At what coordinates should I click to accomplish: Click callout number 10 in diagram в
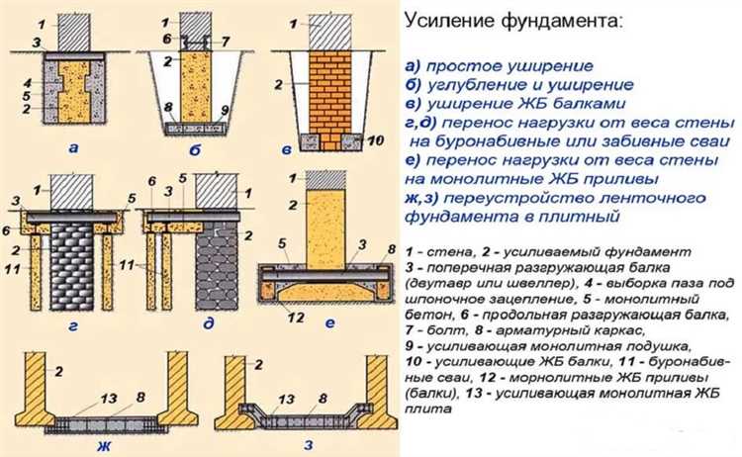374,141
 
